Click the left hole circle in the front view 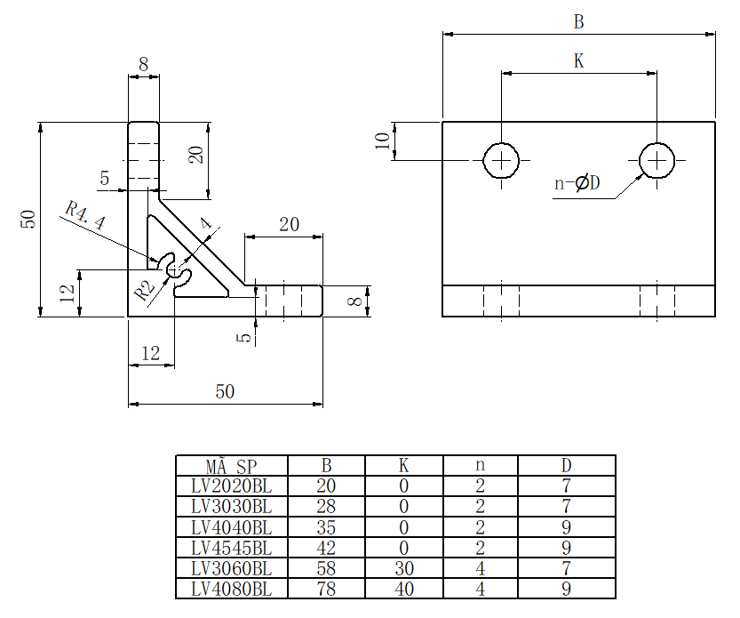click(x=502, y=161)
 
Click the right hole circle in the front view click(x=657, y=161)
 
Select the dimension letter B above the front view click(x=579, y=21)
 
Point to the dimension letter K click(x=579, y=60)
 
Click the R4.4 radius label click(x=85, y=216)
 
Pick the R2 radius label click(x=144, y=289)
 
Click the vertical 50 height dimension click(x=28, y=219)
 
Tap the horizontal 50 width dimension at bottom click(x=225, y=392)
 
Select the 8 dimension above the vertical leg click(x=144, y=64)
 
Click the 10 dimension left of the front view click(x=382, y=142)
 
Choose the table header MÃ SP click(x=232, y=466)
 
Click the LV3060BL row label click(x=232, y=568)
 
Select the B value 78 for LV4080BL click(x=327, y=589)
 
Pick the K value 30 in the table click(x=403, y=568)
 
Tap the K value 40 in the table click(x=403, y=589)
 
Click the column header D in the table click(x=566, y=466)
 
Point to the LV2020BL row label click(x=232, y=486)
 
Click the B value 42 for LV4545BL click(x=327, y=548)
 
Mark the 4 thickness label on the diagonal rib click(x=207, y=225)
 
